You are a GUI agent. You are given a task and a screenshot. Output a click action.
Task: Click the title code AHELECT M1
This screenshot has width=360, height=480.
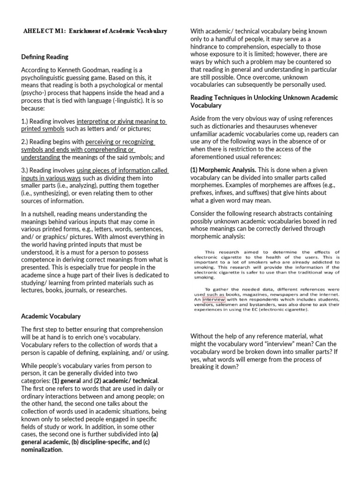tap(44, 31)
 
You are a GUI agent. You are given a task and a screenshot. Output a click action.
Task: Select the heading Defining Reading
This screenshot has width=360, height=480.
tap(45, 57)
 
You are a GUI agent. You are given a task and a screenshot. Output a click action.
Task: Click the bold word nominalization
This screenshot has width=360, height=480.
tap(42, 450)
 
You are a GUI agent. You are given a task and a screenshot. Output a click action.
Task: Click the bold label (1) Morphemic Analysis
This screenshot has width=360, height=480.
tap(223, 169)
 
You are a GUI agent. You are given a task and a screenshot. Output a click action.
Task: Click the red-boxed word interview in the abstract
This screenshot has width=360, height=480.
tap(214, 299)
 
